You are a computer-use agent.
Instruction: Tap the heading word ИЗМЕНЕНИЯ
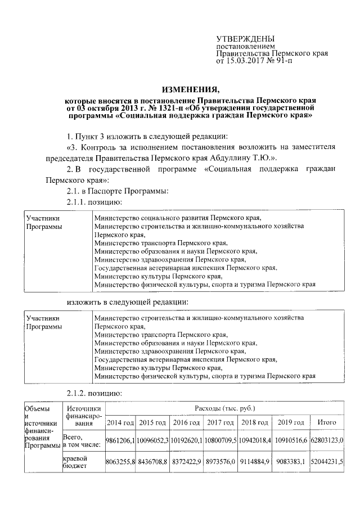click(188, 89)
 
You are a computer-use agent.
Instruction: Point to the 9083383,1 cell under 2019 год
click(291, 462)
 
